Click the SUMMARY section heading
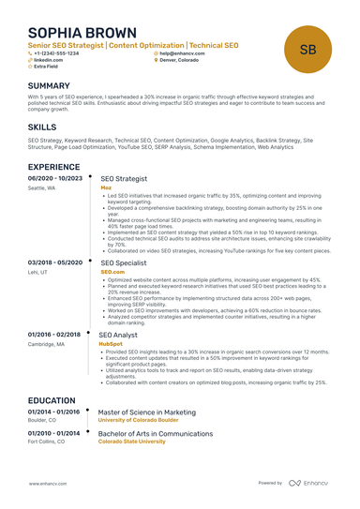click(x=50, y=84)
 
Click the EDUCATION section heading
click(x=52, y=399)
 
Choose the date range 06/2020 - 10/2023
click(x=54, y=177)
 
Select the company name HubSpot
click(x=110, y=343)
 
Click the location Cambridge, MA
click(x=48, y=344)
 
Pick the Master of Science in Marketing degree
click(x=147, y=412)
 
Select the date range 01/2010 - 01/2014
click(x=54, y=433)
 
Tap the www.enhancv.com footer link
click(x=47, y=483)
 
